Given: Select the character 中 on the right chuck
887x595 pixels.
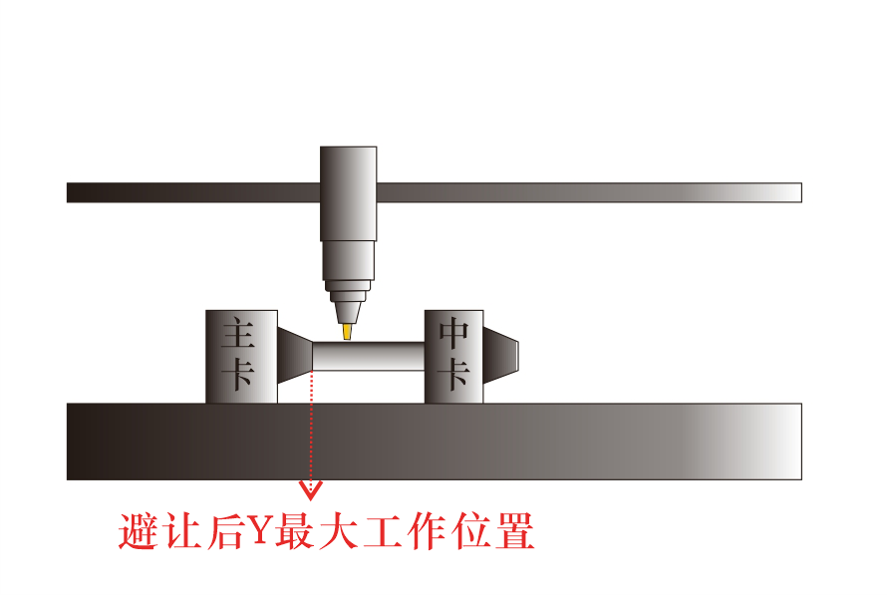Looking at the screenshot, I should pos(454,333).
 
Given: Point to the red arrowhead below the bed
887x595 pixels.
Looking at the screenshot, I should pos(312,488).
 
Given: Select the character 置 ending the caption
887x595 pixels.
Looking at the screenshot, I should pos(514,532).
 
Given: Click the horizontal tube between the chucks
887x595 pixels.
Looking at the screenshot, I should pos(369,356).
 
